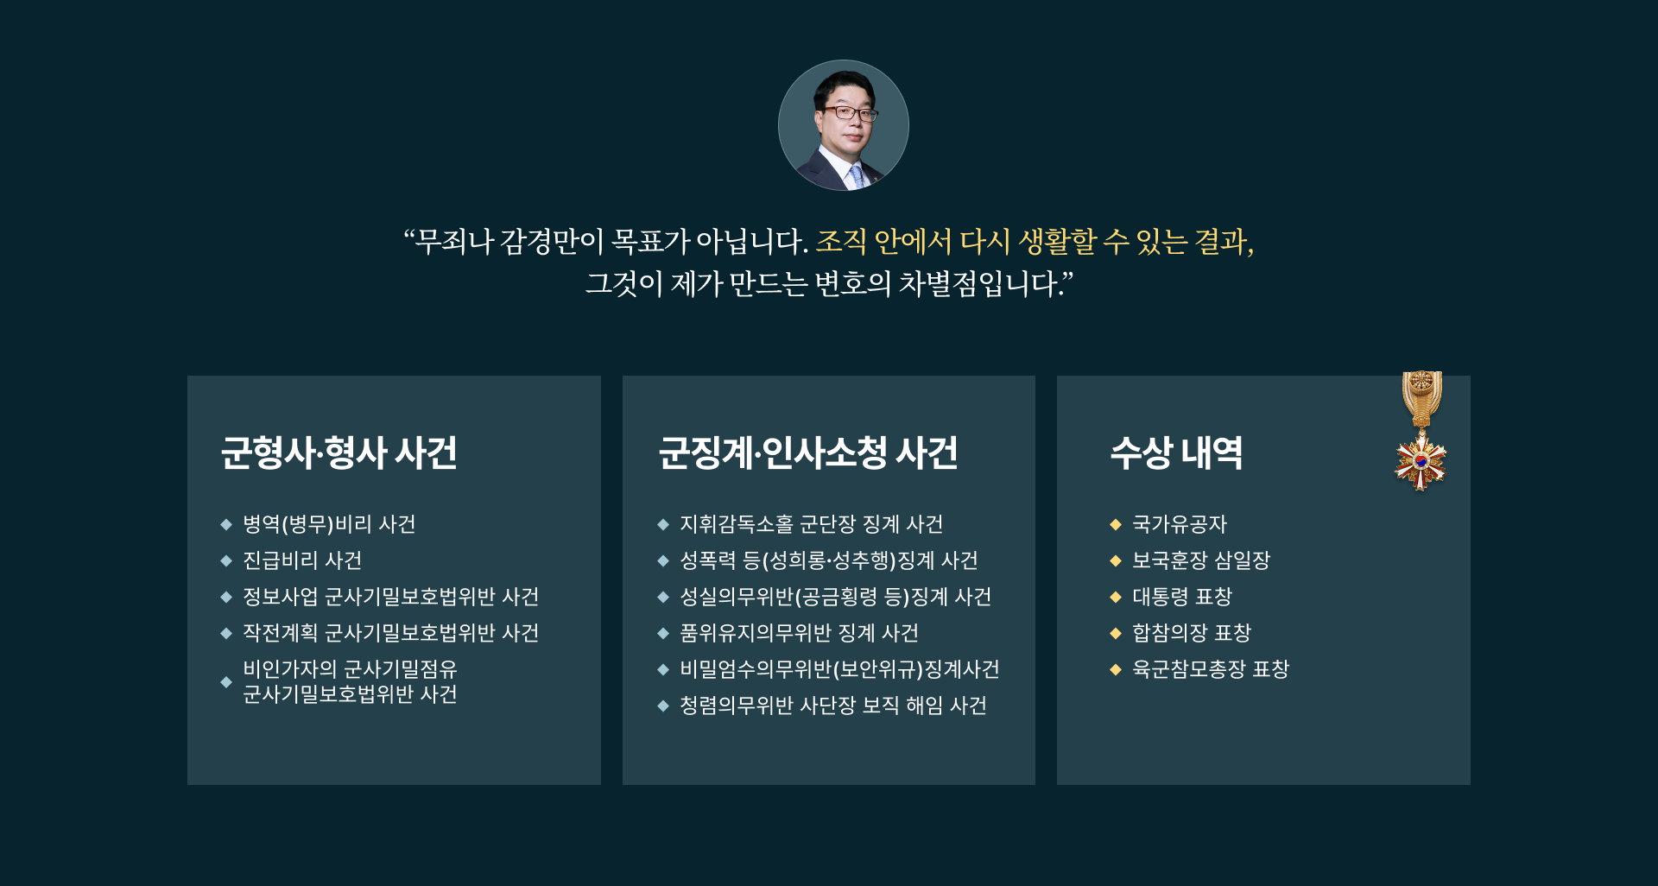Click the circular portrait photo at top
844,125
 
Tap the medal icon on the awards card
1421,431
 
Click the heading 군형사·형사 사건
339,452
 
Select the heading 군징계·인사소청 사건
808,452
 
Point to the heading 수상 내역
1176,452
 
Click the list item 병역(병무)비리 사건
329,524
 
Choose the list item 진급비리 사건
302,560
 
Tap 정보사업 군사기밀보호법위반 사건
391,597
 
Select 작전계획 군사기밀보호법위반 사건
391,633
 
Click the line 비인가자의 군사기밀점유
350,669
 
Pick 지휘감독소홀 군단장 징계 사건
812,524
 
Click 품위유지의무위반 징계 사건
800,633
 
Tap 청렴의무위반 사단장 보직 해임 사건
833,706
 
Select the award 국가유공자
1180,524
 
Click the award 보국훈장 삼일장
1201,560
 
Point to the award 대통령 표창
1182,597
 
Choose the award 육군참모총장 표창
1211,669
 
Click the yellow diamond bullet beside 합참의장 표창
1116,633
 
